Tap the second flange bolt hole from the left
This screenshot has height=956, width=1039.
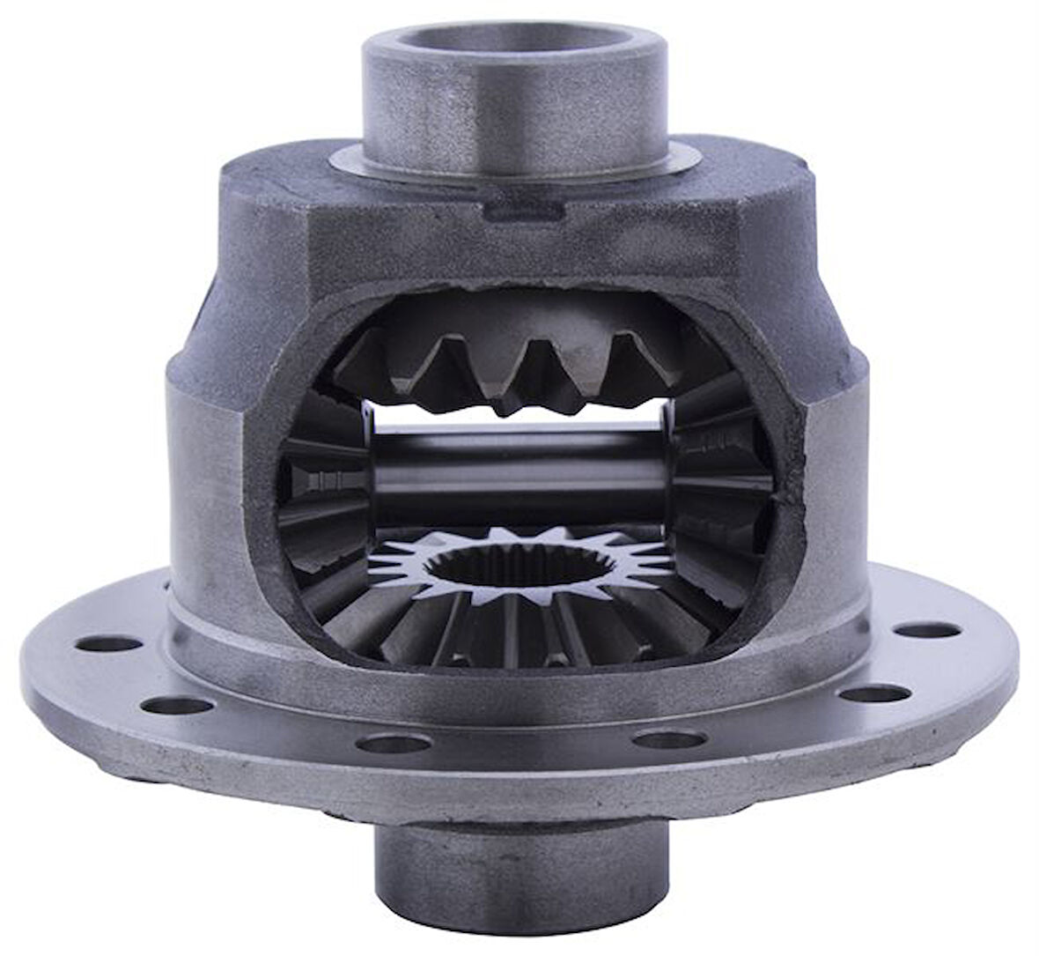[x=177, y=705]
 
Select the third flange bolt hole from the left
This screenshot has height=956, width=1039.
[x=393, y=744]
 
